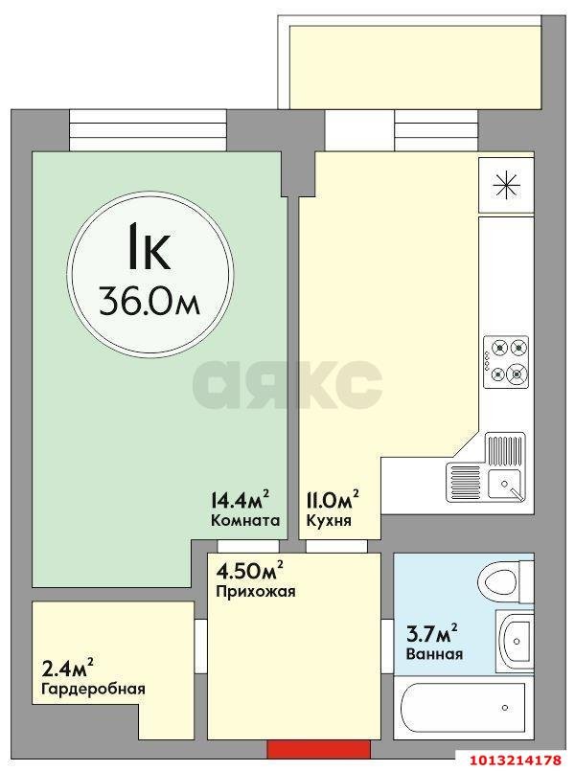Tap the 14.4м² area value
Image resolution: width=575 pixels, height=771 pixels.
point(239,500)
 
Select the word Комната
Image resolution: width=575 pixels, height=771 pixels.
point(244,522)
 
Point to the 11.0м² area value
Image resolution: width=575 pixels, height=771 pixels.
point(333,500)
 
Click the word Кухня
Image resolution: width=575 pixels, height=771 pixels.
point(328,522)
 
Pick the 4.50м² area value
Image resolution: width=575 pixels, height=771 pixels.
point(250,572)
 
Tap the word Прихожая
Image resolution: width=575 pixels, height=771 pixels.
point(256,592)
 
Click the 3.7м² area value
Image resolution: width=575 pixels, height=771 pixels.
point(430,633)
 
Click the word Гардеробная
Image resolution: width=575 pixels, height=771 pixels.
point(93,689)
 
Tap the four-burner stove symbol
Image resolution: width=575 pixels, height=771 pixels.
point(506,360)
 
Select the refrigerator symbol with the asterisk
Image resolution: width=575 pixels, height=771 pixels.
point(506,185)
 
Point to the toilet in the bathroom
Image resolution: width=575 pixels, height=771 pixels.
point(503,580)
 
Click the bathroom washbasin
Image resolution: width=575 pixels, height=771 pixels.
point(516,634)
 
